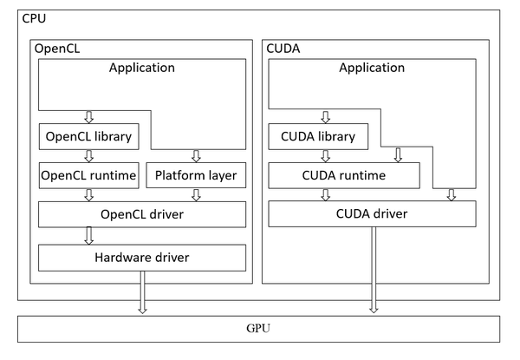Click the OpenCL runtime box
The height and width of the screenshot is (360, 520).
[88, 176]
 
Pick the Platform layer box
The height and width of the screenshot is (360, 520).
[196, 176]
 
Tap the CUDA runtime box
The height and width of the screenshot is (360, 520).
[345, 176]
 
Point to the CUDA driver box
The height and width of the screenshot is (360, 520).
[373, 214]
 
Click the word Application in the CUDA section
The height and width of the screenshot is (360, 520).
[373, 67]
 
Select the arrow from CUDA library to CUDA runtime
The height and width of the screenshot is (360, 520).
[327, 156]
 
